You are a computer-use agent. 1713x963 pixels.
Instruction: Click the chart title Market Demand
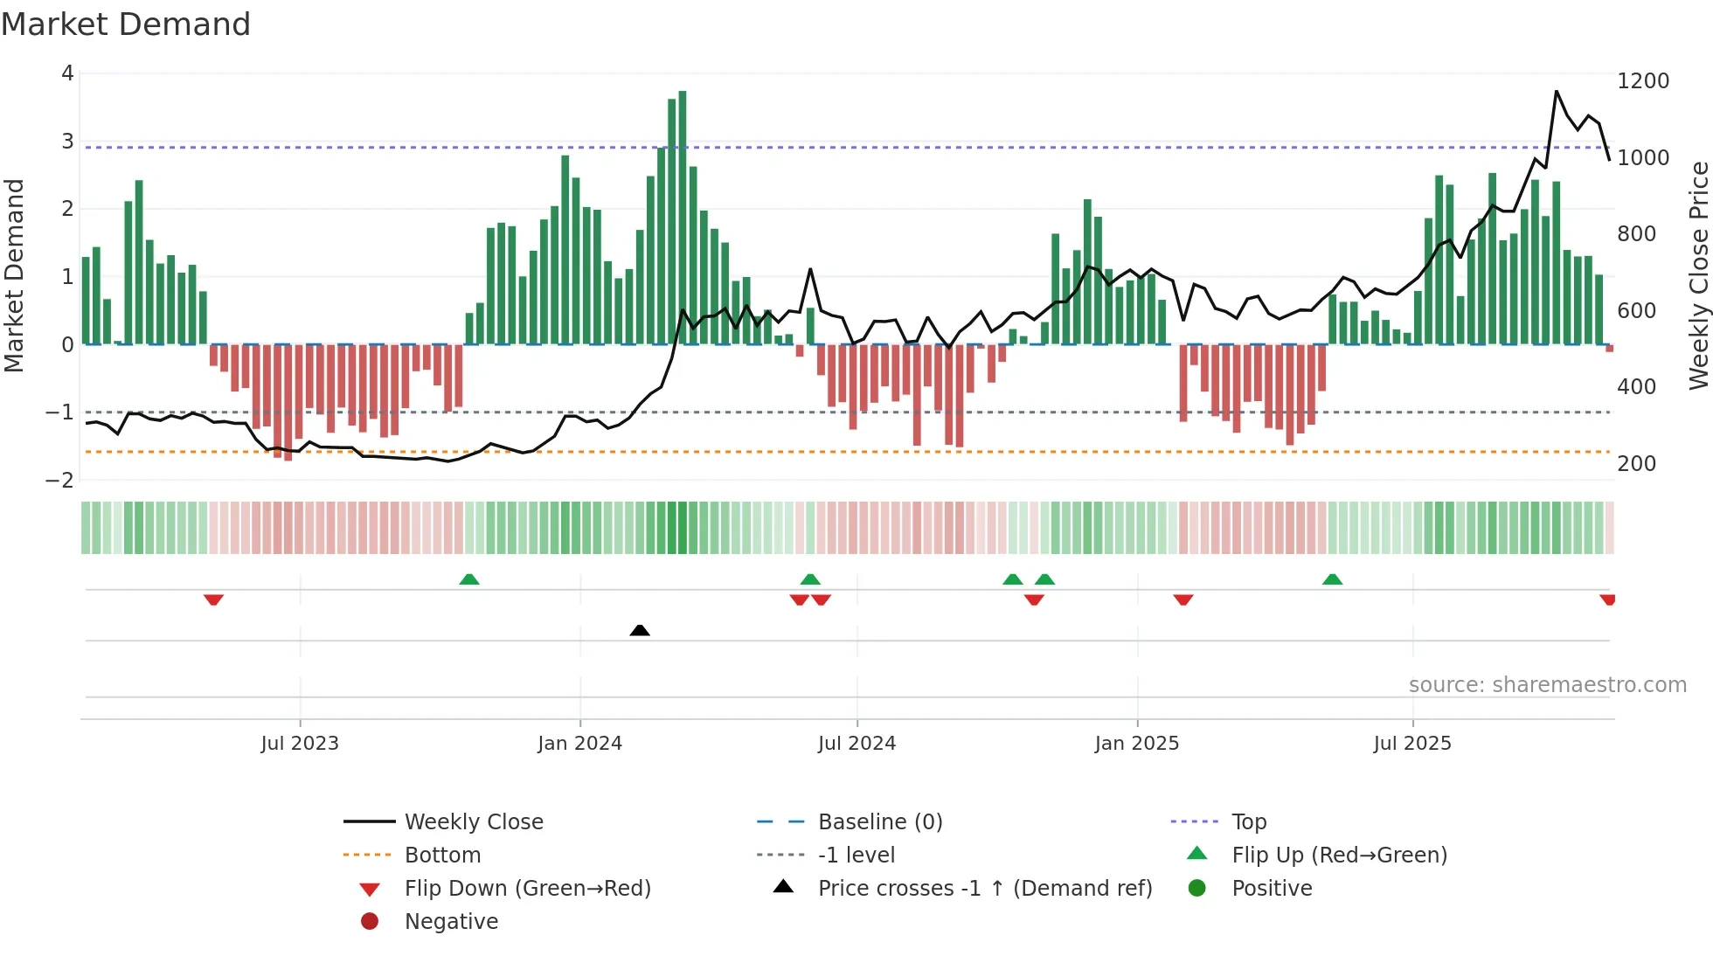(126, 24)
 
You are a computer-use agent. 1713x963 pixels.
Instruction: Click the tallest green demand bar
(683, 218)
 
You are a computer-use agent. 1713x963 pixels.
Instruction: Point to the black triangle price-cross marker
(640, 630)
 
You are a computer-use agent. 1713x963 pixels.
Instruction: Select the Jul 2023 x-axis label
(300, 744)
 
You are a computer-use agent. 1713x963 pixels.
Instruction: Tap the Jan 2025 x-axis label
(1136, 744)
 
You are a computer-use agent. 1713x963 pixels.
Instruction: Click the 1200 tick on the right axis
(1643, 81)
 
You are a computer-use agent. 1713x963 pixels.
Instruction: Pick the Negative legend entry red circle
(370, 922)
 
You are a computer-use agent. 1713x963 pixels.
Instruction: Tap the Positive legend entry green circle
(1197, 889)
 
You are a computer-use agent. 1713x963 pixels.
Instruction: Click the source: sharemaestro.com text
(1547, 685)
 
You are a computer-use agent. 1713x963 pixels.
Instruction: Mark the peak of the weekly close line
(1557, 91)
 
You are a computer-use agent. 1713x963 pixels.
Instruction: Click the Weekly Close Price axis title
(1698, 275)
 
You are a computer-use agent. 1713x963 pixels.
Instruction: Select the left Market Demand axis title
(14, 275)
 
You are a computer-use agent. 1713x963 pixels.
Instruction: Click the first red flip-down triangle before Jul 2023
(213, 599)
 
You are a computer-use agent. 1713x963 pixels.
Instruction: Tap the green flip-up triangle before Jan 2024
(469, 579)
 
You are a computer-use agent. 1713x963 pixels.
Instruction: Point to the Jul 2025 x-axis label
(1412, 744)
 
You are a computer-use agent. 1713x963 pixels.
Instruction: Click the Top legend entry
(1248, 822)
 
